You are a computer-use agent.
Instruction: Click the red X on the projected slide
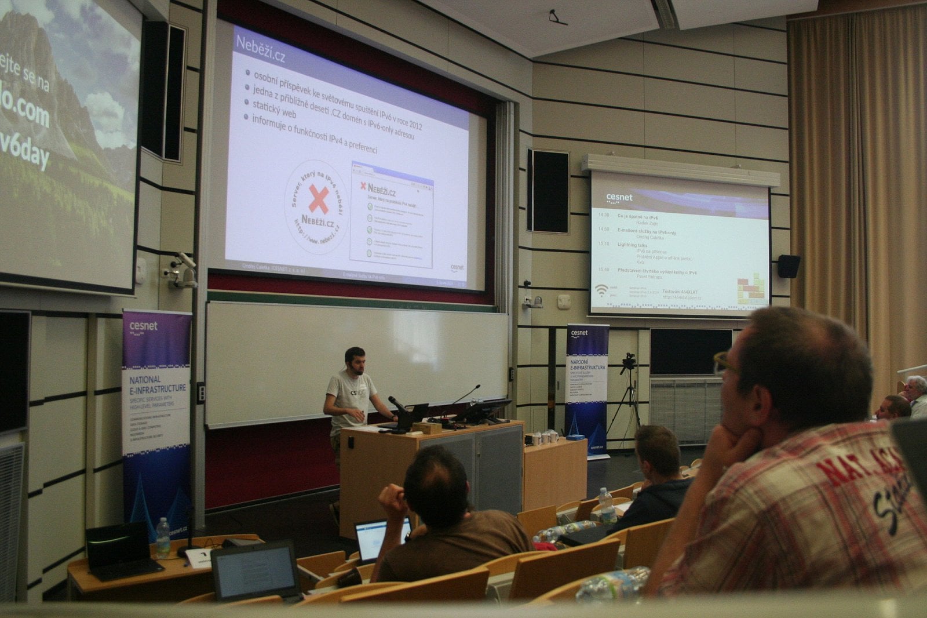tap(317, 198)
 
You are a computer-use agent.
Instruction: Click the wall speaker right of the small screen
tap(788, 266)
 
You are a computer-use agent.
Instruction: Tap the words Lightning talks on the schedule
tap(633, 245)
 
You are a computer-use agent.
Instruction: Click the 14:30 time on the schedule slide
tap(603, 215)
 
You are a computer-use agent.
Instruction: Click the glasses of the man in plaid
tap(725, 362)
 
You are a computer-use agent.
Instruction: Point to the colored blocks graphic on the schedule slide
tap(751, 288)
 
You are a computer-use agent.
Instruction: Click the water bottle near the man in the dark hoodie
tap(607, 506)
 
